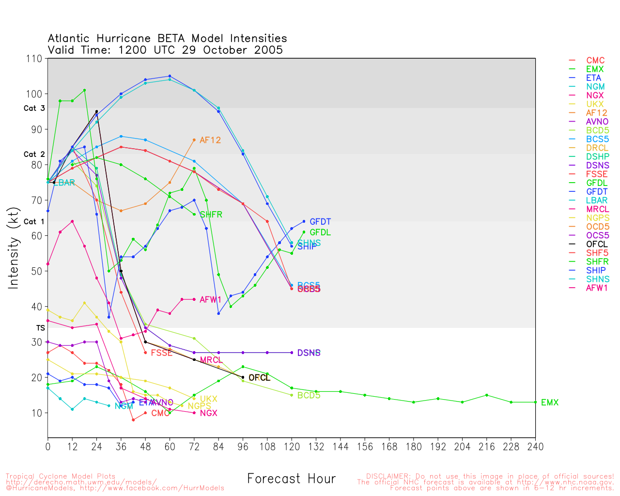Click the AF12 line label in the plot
pos(210,140)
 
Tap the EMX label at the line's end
pos(550,403)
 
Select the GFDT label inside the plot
pos(320,222)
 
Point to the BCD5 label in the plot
pos(309,395)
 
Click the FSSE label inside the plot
pos(161,353)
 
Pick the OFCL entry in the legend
pos(597,244)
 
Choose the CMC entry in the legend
pos(595,61)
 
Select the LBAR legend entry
pos(597,201)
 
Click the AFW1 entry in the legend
pos(597,288)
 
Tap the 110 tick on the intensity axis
pos(34,59)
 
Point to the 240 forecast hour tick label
pos(535,447)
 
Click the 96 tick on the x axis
pos(243,447)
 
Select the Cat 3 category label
pos(34,108)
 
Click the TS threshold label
pos(40,328)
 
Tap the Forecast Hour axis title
pos(291,479)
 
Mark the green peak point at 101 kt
pos(84,90)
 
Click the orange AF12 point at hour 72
pos(194,140)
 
